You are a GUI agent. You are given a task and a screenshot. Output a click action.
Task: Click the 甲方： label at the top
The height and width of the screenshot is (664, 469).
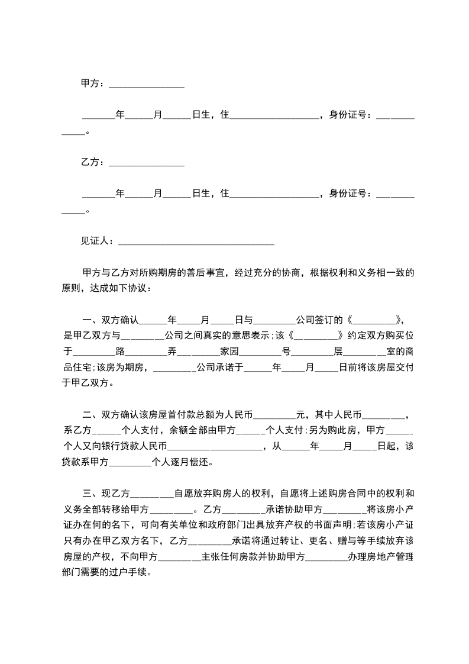92,84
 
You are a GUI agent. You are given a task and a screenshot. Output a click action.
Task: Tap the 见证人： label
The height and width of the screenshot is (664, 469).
98,241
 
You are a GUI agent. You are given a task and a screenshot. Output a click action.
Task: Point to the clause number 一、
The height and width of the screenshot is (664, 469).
91,320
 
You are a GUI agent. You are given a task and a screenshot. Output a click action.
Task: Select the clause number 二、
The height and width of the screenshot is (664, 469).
91,414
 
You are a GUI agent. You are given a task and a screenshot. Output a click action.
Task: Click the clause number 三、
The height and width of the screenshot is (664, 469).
91,492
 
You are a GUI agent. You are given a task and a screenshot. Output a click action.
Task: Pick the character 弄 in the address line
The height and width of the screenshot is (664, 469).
172,352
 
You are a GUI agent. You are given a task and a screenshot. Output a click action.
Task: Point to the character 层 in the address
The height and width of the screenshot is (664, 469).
338,352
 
